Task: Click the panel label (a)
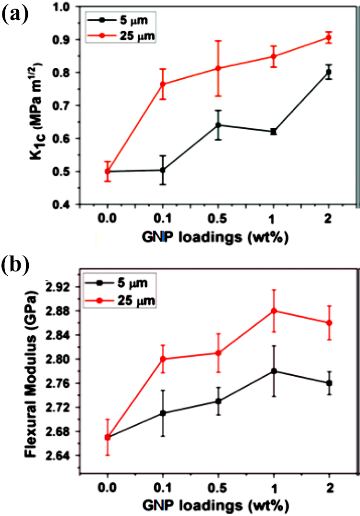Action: pyautogui.click(x=15, y=15)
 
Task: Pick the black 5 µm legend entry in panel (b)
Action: pyautogui.click(x=119, y=283)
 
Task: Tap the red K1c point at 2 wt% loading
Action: pyautogui.click(x=328, y=37)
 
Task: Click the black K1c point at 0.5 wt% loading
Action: pyautogui.click(x=218, y=125)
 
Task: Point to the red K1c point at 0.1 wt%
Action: pyautogui.click(x=163, y=84)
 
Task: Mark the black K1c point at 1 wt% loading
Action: pyautogui.click(x=273, y=132)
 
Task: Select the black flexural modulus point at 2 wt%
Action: pyautogui.click(x=329, y=383)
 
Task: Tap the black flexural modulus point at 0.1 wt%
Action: pyautogui.click(x=163, y=413)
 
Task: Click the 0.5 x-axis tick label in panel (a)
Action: pyautogui.click(x=218, y=218)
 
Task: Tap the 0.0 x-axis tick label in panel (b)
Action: pyautogui.click(x=108, y=487)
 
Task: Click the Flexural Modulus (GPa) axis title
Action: pyautogui.click(x=31, y=374)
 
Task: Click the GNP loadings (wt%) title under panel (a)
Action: pyautogui.click(x=216, y=237)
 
